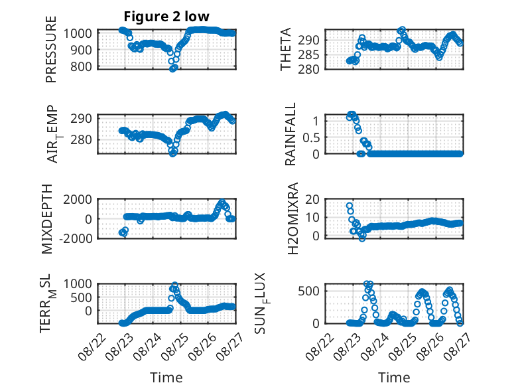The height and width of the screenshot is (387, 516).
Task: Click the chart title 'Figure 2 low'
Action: (166, 17)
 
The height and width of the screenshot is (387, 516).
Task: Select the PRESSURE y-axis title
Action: (51, 49)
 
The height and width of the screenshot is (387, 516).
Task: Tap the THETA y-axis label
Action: (286, 49)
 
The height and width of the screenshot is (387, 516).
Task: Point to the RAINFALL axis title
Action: (290, 134)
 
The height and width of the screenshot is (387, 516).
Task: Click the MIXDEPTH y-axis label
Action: (47, 219)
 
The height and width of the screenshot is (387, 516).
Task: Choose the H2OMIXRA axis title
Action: (293, 218)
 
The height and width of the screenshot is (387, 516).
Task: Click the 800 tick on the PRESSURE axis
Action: (82, 66)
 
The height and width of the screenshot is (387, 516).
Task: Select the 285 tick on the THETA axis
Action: (308, 54)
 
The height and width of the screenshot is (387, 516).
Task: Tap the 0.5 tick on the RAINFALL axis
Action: (311, 137)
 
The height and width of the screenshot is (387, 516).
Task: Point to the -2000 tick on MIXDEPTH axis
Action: (76, 238)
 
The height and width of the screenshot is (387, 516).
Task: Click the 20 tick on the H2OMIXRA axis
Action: (312, 199)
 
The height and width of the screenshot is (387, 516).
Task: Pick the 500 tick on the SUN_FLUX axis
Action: (308, 291)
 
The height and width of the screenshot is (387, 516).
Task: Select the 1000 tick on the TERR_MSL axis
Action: (78, 283)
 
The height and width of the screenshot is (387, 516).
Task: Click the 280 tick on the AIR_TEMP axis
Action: (82, 139)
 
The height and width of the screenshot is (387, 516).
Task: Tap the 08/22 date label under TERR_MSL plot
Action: (93, 347)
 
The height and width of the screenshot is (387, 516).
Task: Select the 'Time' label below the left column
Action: (166, 378)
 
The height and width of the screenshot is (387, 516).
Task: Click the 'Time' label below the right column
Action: (394, 378)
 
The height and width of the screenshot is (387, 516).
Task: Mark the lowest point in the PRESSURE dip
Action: (172, 69)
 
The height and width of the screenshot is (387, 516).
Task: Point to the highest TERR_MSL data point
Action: (174, 285)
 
